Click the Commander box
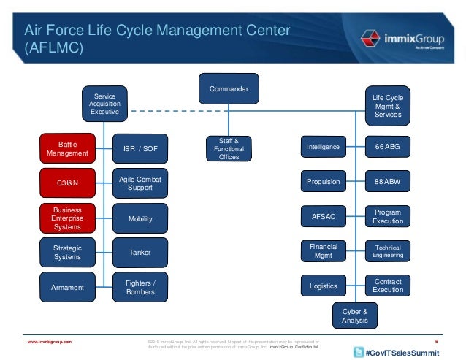[229, 88]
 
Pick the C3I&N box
[67, 183]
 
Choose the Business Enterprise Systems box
[67, 218]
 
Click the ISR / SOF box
[140, 149]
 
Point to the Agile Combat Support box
[140, 183]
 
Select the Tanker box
[140, 253]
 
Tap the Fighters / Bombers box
[140, 287]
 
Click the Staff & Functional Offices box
[229, 148]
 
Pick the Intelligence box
[322, 147]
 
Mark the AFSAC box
[322, 216]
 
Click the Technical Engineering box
[388, 251]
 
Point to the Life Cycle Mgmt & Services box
[387, 106]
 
